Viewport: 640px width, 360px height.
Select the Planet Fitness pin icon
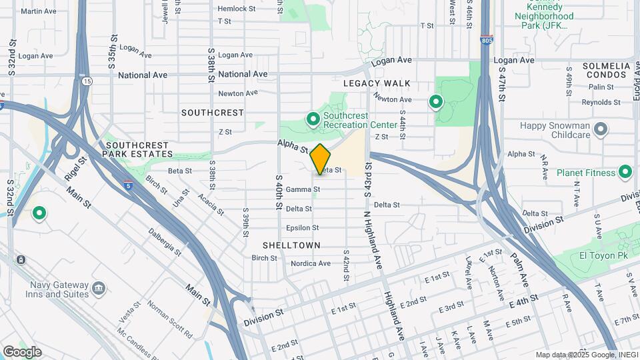[625, 172]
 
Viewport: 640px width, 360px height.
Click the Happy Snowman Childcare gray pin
[600, 129]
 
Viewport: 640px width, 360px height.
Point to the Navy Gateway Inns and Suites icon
[99, 288]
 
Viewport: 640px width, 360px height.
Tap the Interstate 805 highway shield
[485, 41]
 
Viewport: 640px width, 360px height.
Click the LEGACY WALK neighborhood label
[377, 84]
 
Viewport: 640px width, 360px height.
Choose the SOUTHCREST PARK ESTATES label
[139, 149]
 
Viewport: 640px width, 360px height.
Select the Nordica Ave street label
[310, 263]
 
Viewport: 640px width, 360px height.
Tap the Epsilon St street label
[303, 228]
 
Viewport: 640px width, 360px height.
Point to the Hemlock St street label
[237, 9]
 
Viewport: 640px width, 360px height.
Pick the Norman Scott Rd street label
[169, 319]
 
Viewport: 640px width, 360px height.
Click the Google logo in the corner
[23, 351]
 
